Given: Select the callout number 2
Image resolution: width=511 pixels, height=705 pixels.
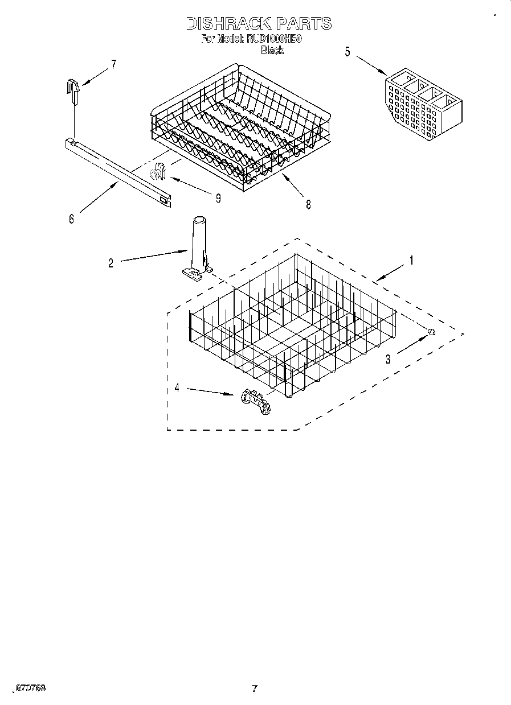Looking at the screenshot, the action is pos(111,262).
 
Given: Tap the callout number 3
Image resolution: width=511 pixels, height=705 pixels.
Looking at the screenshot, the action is pos(388,359).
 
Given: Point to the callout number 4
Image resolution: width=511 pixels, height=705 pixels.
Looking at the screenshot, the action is pos(177,388).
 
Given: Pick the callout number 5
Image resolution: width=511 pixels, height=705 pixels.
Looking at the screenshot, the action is pos(348,52).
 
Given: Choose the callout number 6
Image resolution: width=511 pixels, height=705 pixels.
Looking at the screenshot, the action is pos(71,218).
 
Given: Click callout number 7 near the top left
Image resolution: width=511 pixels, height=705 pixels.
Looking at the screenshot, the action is pos(113,64).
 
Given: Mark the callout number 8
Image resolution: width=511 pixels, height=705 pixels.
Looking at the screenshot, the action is pos(308,205).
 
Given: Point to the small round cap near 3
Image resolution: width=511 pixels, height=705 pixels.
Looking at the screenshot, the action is pos(431,332).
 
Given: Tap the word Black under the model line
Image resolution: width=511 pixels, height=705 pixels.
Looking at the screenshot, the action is pos(272,51).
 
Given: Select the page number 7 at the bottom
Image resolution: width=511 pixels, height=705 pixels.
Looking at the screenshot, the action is pos(255,688).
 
